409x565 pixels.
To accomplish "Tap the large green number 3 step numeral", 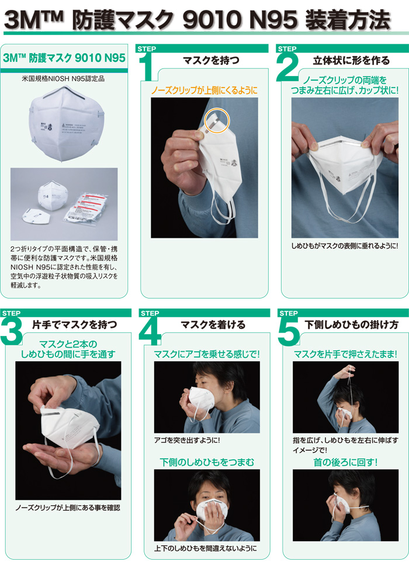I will coord(12,334).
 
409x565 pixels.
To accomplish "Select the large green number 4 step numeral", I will coord(150,334).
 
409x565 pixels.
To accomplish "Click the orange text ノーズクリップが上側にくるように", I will coord(204,91).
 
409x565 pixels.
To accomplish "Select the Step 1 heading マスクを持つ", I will coord(211,60).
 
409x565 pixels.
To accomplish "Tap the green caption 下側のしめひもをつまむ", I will coord(207,462).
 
